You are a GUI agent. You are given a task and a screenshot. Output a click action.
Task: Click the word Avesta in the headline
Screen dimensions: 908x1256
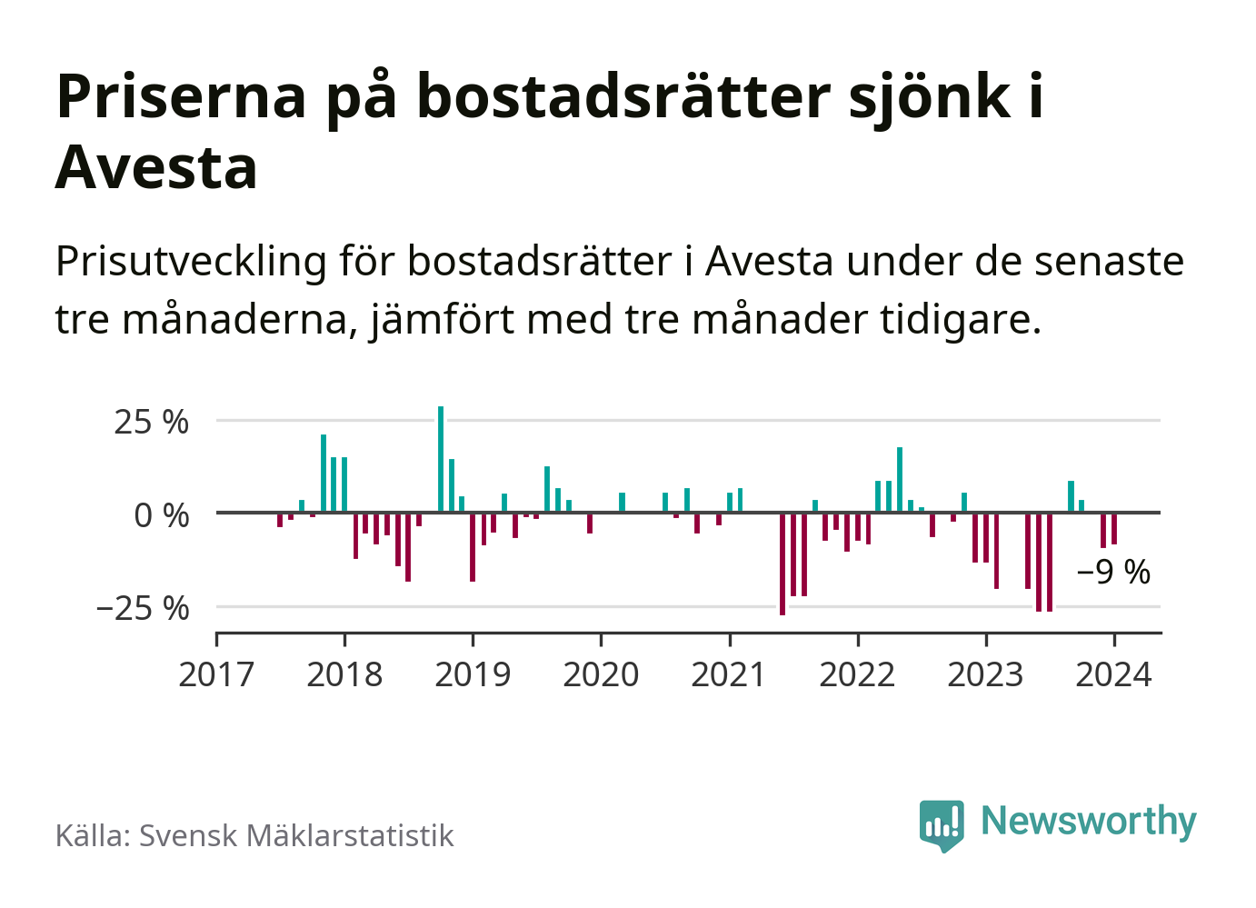[156, 167]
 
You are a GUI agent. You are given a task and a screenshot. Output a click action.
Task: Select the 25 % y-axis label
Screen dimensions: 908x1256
[151, 423]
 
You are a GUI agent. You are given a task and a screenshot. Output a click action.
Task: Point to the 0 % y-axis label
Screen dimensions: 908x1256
[161, 515]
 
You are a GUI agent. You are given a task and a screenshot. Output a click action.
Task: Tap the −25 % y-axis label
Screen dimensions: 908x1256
[143, 608]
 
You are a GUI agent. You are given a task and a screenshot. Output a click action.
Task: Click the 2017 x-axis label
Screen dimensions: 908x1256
[216, 675]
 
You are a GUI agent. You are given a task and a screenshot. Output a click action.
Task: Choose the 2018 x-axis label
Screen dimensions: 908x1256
[344, 675]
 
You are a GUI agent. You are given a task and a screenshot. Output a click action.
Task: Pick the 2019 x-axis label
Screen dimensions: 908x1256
[473, 675]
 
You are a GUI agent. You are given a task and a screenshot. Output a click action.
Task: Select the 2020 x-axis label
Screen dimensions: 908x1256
[601, 675]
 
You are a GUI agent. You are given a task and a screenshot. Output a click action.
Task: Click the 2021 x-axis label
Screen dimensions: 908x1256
[729, 675]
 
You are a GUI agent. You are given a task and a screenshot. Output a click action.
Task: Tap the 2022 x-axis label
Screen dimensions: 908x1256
[857, 675]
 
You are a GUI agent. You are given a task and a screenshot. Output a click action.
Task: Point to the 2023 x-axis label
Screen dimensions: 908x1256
[985, 675]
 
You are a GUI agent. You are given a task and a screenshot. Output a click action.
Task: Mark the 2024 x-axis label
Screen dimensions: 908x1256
[1113, 675]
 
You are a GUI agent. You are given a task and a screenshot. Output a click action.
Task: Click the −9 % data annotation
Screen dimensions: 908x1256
[1113, 573]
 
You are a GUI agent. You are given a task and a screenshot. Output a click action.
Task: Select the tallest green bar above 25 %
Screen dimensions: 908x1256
[441, 459]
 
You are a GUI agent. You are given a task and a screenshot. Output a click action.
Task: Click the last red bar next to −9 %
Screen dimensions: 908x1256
[1114, 529]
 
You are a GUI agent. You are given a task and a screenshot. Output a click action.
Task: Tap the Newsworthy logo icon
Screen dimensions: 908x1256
[942, 823]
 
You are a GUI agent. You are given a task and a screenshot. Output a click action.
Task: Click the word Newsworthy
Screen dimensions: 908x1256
[1088, 821]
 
